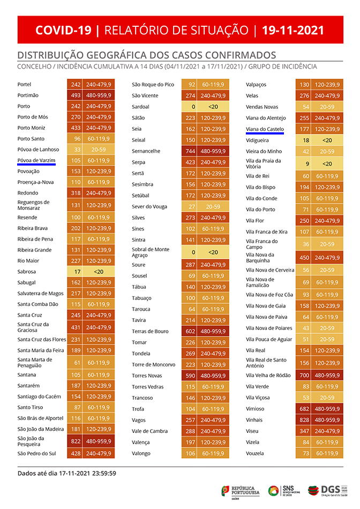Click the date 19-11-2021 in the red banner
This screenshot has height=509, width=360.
coord(293,30)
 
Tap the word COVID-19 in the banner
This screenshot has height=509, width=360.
coord(63,30)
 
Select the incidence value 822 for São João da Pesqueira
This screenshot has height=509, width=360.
coord(75,441)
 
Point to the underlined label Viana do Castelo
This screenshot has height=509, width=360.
coord(265,129)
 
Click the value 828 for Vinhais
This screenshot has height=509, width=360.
coord(304,420)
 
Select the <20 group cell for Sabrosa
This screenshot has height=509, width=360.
coord(98,272)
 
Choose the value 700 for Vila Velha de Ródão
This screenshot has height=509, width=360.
coord(304,376)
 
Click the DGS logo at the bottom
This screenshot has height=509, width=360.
coord(335,490)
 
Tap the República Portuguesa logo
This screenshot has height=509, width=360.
coord(241,490)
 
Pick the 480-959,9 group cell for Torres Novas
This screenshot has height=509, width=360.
coord(213,376)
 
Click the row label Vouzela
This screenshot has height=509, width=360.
coord(254,453)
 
